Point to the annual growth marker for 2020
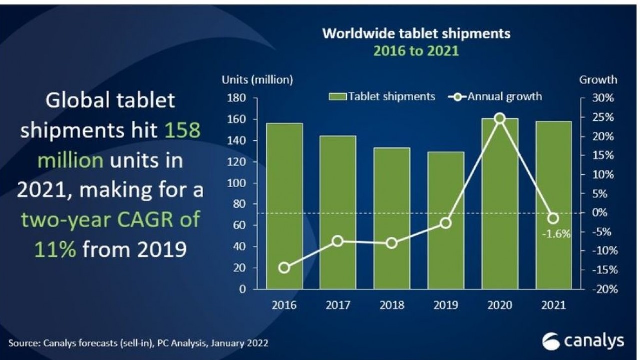[500, 118]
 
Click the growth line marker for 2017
[338, 241]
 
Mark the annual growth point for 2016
[284, 268]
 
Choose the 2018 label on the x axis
[392, 305]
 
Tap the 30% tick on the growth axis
[602, 98]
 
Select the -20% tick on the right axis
[602, 290]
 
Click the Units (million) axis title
[257, 80]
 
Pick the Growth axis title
[598, 80]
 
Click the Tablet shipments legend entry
[382, 96]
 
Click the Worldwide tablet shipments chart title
[416, 34]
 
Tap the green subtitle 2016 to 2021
[416, 51]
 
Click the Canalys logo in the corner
[583, 341]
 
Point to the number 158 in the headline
[182, 131]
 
